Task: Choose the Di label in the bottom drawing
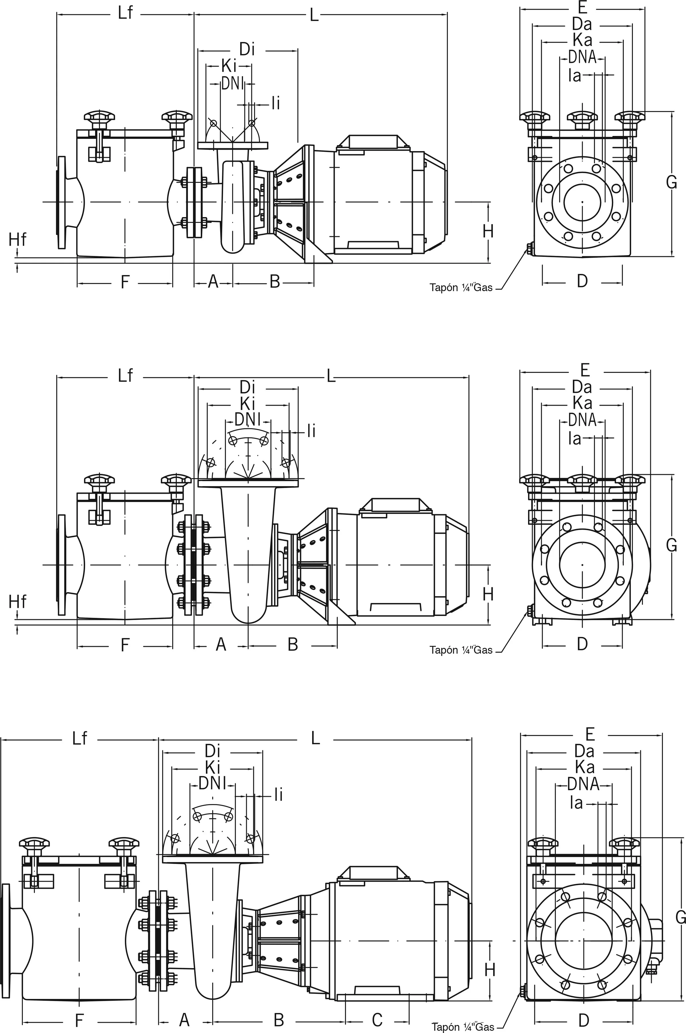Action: (x=212, y=751)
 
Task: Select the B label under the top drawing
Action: (x=274, y=281)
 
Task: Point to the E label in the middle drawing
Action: (x=585, y=370)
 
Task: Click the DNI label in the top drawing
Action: (x=232, y=83)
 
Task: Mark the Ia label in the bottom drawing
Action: (x=577, y=803)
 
